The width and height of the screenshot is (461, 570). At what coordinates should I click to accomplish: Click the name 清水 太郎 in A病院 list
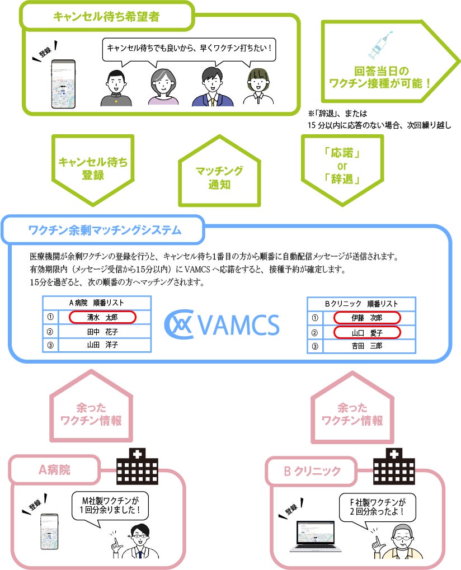102,317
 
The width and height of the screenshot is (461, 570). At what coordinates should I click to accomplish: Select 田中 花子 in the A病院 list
102,332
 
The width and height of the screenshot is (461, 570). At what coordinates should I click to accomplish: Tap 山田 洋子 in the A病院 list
102,345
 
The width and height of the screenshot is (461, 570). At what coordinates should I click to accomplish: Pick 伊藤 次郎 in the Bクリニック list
368,318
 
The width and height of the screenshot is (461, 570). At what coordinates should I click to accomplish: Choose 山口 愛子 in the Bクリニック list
368,333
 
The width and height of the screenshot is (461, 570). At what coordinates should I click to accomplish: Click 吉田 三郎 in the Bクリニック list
368,346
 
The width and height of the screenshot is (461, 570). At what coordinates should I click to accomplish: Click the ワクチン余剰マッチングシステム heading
105,229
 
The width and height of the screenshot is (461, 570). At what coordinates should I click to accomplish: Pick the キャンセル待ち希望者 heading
106,17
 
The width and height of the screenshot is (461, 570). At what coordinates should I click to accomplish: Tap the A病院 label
54,470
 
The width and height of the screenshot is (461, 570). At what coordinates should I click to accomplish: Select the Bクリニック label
312,471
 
